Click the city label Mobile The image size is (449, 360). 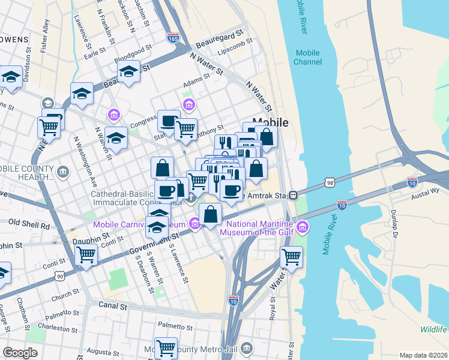[x=274, y=122]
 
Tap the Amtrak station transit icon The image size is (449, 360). [x=294, y=194]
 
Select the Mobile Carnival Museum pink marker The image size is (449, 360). [x=194, y=224]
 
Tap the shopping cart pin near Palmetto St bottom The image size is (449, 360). [x=165, y=346]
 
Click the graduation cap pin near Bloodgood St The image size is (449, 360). [x=128, y=71]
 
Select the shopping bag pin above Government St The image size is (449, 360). [x=211, y=214]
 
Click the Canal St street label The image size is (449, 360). [x=114, y=306]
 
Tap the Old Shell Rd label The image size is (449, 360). [x=29, y=226]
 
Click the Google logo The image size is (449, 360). [x=20, y=353]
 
